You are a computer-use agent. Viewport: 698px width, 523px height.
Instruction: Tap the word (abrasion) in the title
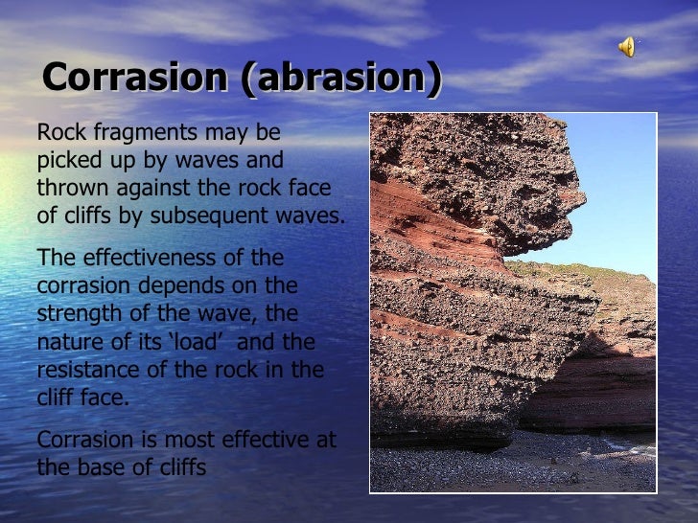tap(342, 78)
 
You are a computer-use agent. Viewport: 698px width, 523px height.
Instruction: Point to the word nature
tap(69, 342)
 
